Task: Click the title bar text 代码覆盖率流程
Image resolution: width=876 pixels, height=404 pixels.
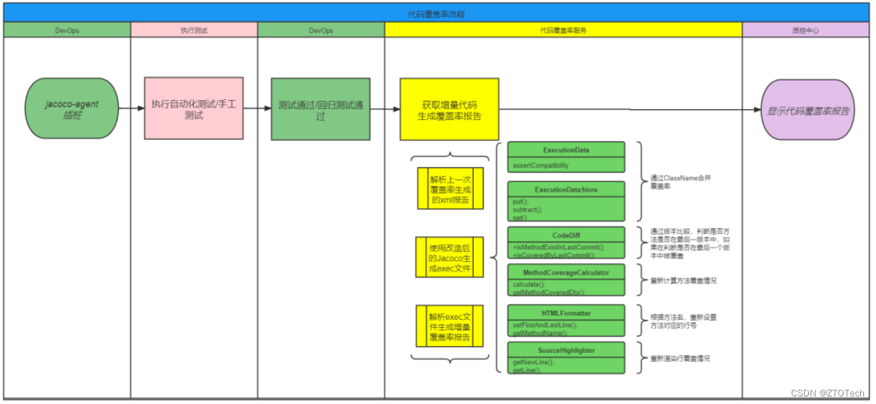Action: [436, 14]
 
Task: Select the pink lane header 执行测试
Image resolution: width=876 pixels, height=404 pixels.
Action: [194, 30]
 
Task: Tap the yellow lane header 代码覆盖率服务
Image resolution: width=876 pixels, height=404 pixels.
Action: [563, 30]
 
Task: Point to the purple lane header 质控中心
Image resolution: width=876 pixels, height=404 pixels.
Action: [805, 30]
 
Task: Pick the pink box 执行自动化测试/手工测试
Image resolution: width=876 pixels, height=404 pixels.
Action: [194, 109]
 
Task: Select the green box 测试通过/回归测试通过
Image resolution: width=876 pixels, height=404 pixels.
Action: [321, 109]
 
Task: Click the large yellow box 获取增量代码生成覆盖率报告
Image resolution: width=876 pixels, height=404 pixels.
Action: [450, 110]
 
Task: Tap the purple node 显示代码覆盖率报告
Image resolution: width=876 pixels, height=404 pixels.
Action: [808, 111]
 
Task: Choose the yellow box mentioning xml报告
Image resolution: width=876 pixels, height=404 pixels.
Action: [450, 188]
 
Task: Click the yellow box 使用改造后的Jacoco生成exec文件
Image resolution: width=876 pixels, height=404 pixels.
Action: [450, 257]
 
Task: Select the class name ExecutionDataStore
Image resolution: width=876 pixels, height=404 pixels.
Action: [566, 190]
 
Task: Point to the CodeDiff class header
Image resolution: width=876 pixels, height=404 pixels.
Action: [566, 235]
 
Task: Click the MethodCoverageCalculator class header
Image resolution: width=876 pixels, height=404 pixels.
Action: [566, 272]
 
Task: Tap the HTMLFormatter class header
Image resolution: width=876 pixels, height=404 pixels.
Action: [566, 313]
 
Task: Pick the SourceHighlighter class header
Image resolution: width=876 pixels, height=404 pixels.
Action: [566, 351]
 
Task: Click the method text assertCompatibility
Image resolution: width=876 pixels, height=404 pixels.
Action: [541, 165]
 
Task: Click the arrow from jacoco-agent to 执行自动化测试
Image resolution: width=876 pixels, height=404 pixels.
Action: [131, 108]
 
